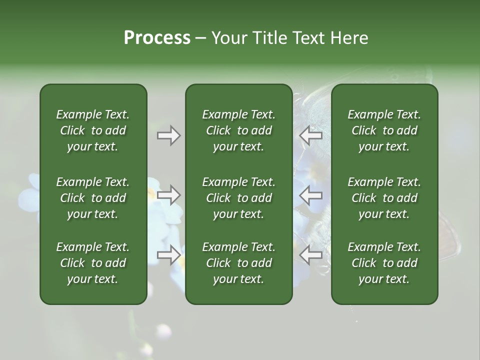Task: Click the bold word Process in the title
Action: (157, 38)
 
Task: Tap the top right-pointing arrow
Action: (168, 135)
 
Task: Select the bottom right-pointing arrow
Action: (168, 255)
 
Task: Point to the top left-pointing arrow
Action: (311, 135)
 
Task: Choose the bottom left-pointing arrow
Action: (311, 255)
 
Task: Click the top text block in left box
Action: (93, 130)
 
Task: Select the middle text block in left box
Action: (93, 198)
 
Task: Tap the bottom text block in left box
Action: (93, 263)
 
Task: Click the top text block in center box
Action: (238, 130)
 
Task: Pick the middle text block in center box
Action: (238, 198)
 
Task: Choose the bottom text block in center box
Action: (238, 263)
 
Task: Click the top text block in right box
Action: (384, 130)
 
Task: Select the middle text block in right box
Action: (384, 198)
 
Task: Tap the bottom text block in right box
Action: (384, 263)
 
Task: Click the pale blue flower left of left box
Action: (30, 195)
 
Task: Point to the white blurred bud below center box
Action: (164, 331)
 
